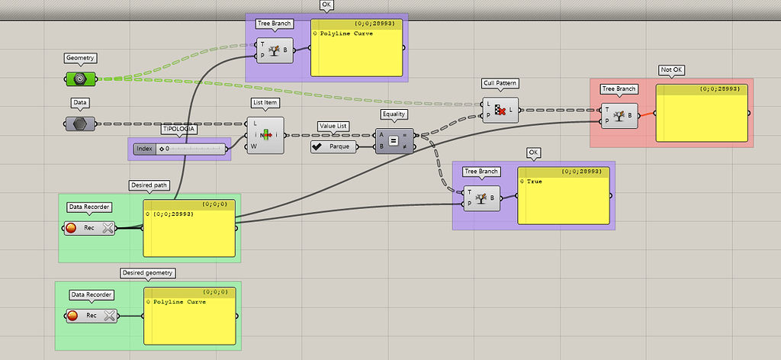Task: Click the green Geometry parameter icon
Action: coord(79,78)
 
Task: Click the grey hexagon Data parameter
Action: coord(79,123)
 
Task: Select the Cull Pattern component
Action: coord(500,110)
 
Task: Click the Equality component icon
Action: coord(394,141)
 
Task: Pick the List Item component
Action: coord(265,135)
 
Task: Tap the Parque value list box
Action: coord(333,146)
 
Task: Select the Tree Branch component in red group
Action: coord(619,116)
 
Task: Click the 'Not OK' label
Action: coord(671,70)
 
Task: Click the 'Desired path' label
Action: coord(149,185)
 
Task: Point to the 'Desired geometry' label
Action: coord(148,272)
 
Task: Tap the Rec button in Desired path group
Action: coord(89,227)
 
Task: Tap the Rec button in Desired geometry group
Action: coord(91,315)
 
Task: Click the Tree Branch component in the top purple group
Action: coord(275,51)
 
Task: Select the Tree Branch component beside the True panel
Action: coord(481,198)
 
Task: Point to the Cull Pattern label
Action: coord(500,83)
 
